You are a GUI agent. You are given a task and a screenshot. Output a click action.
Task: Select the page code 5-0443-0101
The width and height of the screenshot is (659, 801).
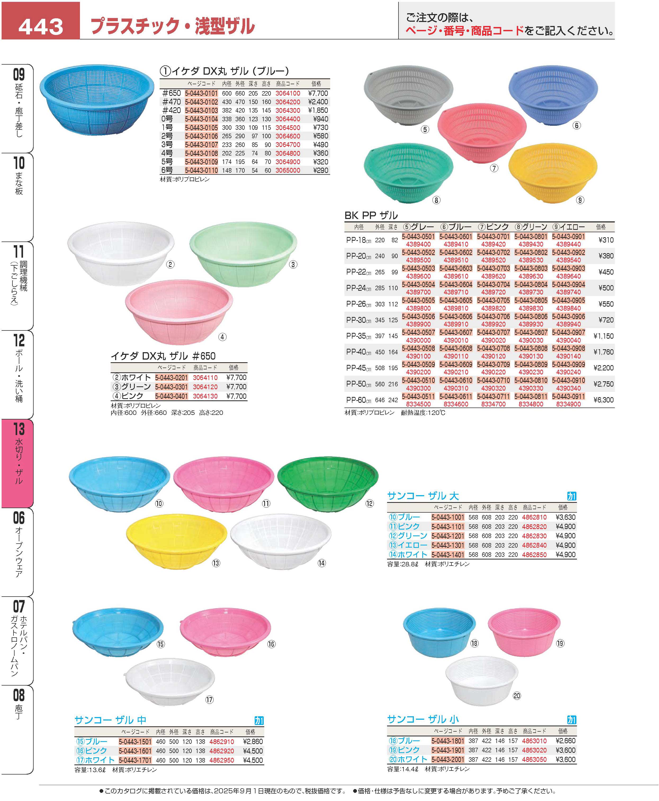tap(201, 93)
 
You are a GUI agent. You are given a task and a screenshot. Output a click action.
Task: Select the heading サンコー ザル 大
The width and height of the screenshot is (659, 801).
tap(423, 496)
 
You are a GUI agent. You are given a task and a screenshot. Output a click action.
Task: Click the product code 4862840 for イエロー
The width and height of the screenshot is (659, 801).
tap(534, 545)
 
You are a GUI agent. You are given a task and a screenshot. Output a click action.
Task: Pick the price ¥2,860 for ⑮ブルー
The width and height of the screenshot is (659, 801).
tap(252, 741)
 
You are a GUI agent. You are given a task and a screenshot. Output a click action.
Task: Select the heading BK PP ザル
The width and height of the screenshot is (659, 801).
tap(371, 216)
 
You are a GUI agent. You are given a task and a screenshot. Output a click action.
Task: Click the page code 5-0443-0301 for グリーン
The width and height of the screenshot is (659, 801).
tap(171, 387)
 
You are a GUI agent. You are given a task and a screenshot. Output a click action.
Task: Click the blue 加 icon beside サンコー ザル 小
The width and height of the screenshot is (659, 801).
tap(571, 719)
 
